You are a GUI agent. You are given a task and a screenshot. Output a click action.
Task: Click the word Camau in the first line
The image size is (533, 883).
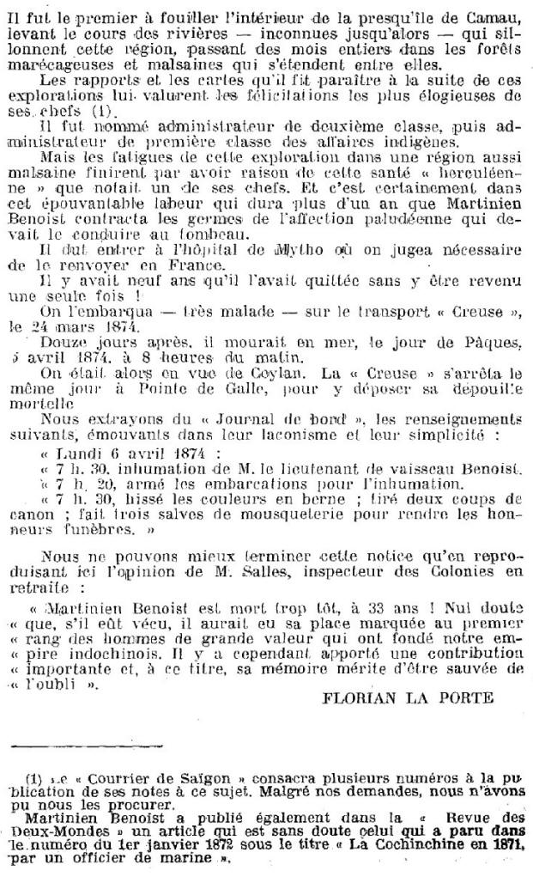[493, 11]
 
